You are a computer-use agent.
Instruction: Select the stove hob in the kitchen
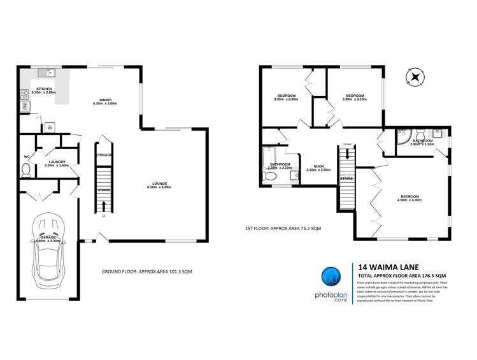(25, 96)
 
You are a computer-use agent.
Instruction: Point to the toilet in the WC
(26, 169)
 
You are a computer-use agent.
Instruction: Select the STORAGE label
(104, 155)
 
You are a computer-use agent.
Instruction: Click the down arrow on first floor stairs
(347, 153)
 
